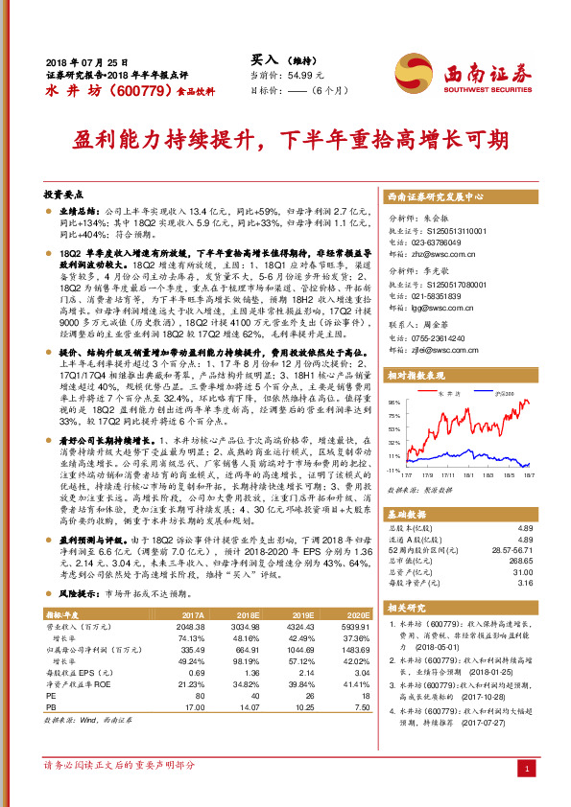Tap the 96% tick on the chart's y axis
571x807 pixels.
coord(393,402)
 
